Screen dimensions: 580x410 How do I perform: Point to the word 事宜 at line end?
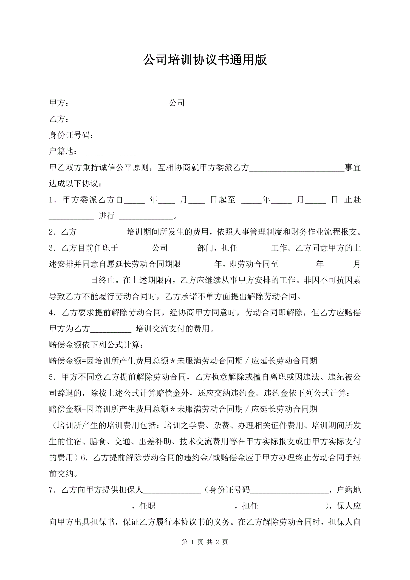pos(353,168)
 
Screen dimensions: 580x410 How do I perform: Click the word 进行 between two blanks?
pos(107,216)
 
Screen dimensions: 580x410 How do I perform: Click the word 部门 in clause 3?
pos(206,248)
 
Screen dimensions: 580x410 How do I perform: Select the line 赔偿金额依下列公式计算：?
pos(96,345)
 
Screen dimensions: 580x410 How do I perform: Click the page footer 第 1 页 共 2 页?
pos(205,542)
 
